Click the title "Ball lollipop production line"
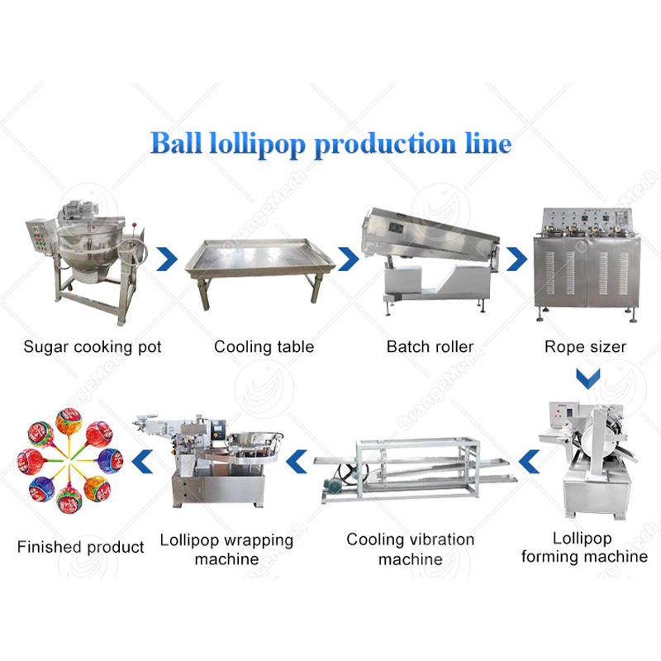(x=330, y=143)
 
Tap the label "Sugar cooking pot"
(x=91, y=346)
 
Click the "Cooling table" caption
(x=264, y=346)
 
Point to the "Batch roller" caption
(x=430, y=346)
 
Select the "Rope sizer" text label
(x=584, y=346)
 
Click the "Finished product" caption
(x=81, y=547)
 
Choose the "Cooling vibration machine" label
(x=411, y=549)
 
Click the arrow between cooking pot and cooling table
(x=168, y=259)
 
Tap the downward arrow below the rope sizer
(x=587, y=379)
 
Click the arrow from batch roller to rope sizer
(x=517, y=259)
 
